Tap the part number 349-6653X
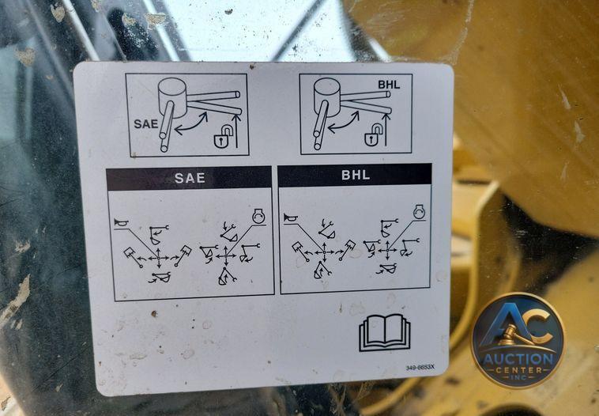click(420, 368)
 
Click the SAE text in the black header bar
click(190, 178)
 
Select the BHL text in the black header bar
click(356, 175)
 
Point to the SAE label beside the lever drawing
click(145, 124)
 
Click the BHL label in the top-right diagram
click(389, 85)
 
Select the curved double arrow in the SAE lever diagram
click(190, 123)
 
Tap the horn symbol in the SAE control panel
click(122, 222)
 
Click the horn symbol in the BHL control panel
click(291, 218)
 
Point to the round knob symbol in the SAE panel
click(258, 216)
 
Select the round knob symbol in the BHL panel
click(420, 211)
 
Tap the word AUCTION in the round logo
click(518, 358)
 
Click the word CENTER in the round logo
click(518, 370)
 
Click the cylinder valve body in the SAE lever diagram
click(172, 96)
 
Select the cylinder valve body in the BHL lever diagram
click(327, 96)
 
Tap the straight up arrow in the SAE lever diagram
click(237, 130)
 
